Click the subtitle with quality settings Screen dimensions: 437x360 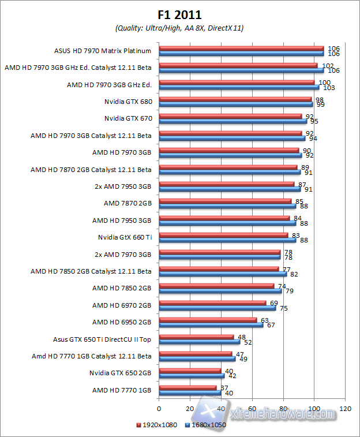(x=179, y=28)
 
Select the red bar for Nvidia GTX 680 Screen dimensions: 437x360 (x=234, y=99)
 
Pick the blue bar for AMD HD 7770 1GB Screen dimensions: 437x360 (x=189, y=393)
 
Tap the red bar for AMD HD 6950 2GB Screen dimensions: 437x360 (x=207, y=319)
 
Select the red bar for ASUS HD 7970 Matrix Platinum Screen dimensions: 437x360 (x=241, y=48)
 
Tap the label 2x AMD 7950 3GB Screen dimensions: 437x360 (x=122, y=186)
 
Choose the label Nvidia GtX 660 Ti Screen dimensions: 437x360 (x=125, y=237)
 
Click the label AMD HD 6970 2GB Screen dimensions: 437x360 (x=122, y=304)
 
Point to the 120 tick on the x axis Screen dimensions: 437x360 (x=346, y=409)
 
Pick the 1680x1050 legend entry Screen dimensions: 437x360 (x=205, y=425)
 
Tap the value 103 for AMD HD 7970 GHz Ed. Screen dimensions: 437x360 (x=329, y=88)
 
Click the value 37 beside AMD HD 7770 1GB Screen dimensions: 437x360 (x=223, y=388)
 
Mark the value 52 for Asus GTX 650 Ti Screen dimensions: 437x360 (x=247, y=342)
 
